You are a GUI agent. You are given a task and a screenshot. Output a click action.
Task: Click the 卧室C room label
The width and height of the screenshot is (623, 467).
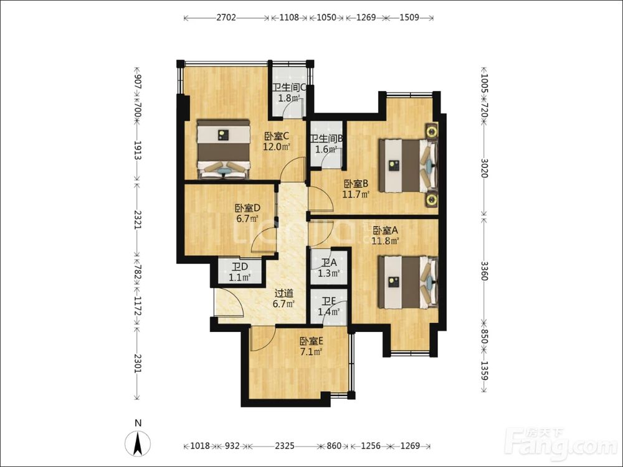pyautogui.click(x=277, y=136)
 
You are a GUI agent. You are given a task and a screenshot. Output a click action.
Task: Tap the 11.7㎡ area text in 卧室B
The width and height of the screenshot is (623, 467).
pyautogui.click(x=356, y=194)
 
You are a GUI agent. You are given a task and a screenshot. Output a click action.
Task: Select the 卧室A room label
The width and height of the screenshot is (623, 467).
pyautogui.click(x=385, y=230)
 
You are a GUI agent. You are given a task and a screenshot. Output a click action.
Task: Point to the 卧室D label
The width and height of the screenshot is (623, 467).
pyautogui.click(x=247, y=208)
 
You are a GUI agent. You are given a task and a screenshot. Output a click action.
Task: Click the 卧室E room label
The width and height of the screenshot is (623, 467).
pyautogui.click(x=311, y=341)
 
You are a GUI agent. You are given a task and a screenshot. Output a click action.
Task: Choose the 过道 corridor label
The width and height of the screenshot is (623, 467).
pyautogui.click(x=284, y=294)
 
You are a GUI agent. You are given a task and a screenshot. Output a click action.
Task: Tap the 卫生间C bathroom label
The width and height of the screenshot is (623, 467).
pyautogui.click(x=288, y=88)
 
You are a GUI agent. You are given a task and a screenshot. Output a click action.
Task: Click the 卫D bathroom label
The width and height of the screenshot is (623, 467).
pyautogui.click(x=240, y=267)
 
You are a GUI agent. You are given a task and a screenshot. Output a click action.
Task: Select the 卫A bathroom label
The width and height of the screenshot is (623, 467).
pyautogui.click(x=329, y=263)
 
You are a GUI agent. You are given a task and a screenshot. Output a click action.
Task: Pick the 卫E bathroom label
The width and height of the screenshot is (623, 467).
pyautogui.click(x=329, y=301)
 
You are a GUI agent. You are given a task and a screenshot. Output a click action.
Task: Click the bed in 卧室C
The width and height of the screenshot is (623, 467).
pyautogui.click(x=224, y=149)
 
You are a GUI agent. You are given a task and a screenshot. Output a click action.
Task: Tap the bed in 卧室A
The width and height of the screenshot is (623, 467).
pyautogui.click(x=408, y=282)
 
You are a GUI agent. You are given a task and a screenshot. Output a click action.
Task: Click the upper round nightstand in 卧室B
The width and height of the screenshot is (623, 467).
pyautogui.click(x=432, y=131)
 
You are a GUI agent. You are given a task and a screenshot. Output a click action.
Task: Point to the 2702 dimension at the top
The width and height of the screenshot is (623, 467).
pyautogui.click(x=227, y=18)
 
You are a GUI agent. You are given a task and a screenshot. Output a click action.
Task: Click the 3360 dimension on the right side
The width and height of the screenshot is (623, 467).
pyautogui.click(x=484, y=270)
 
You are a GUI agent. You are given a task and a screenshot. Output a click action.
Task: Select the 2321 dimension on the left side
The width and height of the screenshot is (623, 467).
pyautogui.click(x=138, y=220)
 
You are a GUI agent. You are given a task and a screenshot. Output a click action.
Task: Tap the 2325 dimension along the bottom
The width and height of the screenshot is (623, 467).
pyautogui.click(x=285, y=446)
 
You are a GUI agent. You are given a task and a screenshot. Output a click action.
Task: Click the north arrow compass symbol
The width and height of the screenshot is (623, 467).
pyautogui.click(x=138, y=442)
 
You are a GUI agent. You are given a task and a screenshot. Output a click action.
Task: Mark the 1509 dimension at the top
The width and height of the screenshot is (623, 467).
pyautogui.click(x=409, y=18)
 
